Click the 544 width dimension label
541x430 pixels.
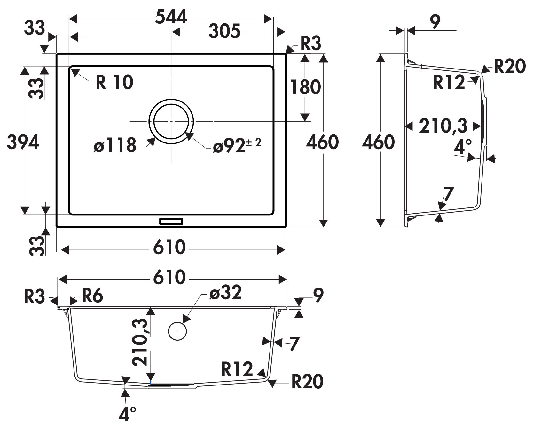click(x=171, y=18)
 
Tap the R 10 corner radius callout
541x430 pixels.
click(x=114, y=82)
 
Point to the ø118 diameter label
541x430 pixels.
click(x=115, y=145)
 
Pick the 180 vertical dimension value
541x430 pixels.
click(x=305, y=87)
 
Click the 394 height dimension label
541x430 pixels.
click(x=23, y=142)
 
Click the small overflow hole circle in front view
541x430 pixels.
click(x=177, y=331)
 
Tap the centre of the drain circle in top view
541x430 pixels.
click(x=171, y=121)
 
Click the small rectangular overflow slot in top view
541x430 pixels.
click(x=171, y=221)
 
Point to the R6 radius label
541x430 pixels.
click(x=92, y=296)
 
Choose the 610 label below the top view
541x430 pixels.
click(x=169, y=247)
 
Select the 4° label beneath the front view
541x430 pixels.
click(x=127, y=414)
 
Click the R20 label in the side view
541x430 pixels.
click(x=510, y=67)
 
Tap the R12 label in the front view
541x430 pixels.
click(x=237, y=369)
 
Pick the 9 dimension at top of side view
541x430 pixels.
click(x=435, y=22)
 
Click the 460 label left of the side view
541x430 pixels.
click(x=378, y=142)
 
